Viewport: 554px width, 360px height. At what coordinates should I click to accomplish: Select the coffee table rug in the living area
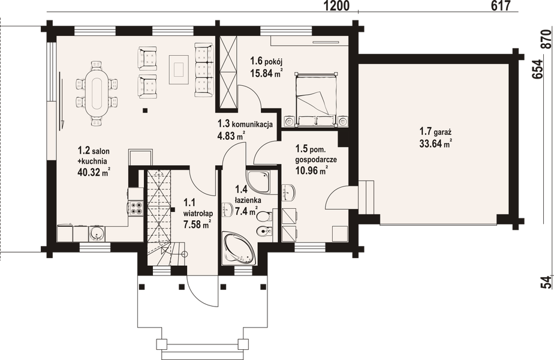[x=177, y=68]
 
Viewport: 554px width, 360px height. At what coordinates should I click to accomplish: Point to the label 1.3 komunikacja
[x=245, y=124]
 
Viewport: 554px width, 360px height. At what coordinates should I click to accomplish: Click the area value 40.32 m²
[x=94, y=173]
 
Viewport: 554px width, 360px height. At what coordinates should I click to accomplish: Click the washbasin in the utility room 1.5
[x=290, y=191]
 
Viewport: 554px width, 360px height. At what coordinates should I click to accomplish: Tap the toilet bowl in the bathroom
[x=260, y=232]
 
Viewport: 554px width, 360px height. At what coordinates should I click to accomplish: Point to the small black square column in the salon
[x=145, y=110]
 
